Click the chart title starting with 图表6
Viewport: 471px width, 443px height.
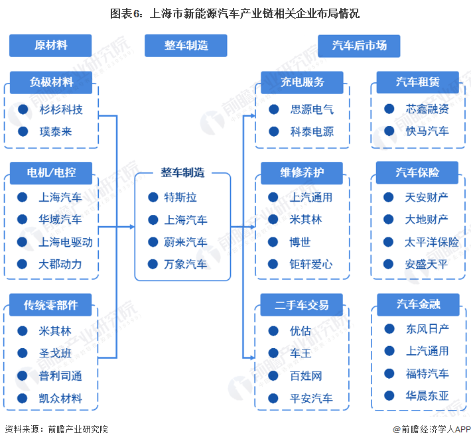[x=235, y=13]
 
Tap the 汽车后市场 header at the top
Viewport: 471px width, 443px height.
[x=360, y=46]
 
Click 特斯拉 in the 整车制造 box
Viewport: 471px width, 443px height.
[x=180, y=198]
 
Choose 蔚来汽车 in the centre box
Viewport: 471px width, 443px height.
[x=186, y=242]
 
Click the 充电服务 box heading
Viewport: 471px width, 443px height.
[x=302, y=82]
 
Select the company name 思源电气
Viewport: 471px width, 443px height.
[x=312, y=109]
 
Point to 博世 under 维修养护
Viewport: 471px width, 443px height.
[x=300, y=242]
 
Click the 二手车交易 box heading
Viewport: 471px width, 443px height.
[x=302, y=304]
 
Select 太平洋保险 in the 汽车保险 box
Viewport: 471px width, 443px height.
[x=432, y=242]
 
